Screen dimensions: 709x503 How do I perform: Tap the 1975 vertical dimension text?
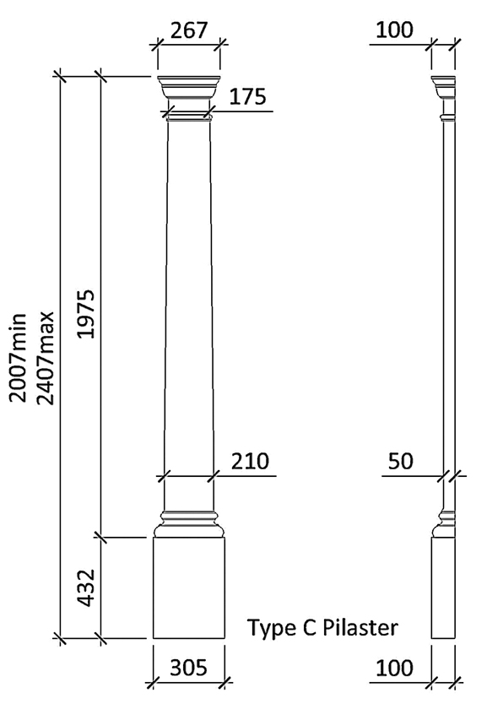[87, 315]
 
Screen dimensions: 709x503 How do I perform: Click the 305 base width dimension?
[189, 668]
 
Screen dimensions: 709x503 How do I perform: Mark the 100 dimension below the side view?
[395, 668]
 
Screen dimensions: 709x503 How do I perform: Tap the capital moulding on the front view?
[189, 88]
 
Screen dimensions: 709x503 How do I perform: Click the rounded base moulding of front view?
[189, 524]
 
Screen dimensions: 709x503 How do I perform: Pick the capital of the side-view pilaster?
[443, 88]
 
